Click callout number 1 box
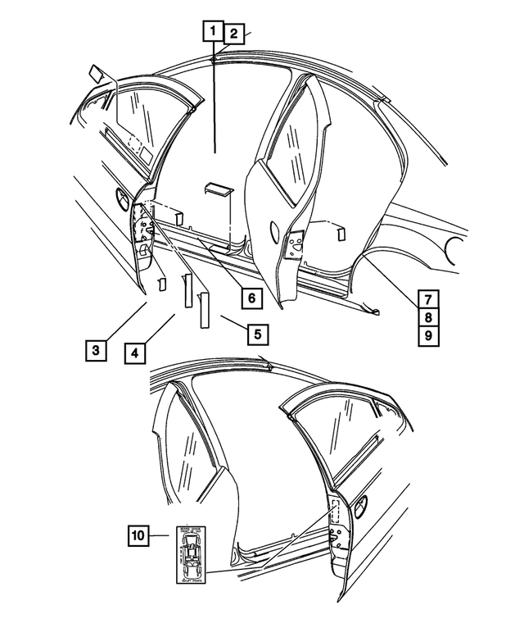(x=213, y=31)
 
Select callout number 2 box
(x=233, y=34)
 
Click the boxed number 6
(x=251, y=297)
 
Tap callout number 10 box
(x=139, y=536)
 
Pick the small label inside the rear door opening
(x=339, y=234)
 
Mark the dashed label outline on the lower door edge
(x=335, y=511)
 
